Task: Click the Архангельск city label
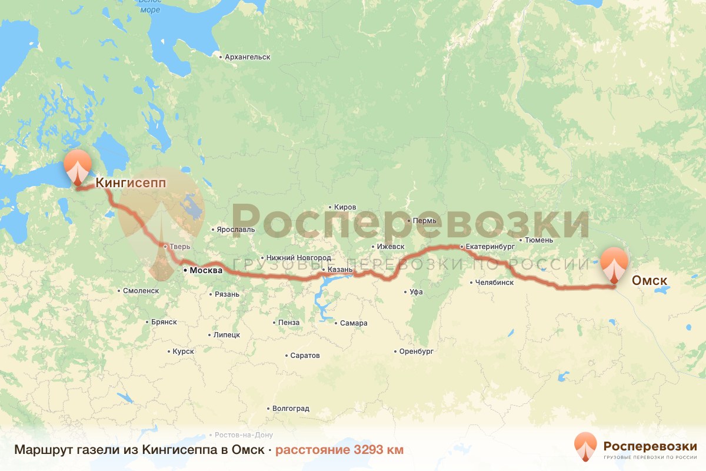tap(247, 57)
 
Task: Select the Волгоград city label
tap(290, 408)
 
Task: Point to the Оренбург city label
tap(416, 351)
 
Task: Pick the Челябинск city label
tap(495, 282)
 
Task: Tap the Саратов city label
tap(305, 356)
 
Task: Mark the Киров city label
tap(345, 207)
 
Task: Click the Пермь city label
tap(425, 221)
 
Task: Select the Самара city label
tap(354, 323)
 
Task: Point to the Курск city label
tap(183, 351)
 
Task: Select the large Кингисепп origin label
tap(131, 183)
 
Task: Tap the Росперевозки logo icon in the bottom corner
tap(585, 447)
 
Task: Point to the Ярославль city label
tap(236, 228)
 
